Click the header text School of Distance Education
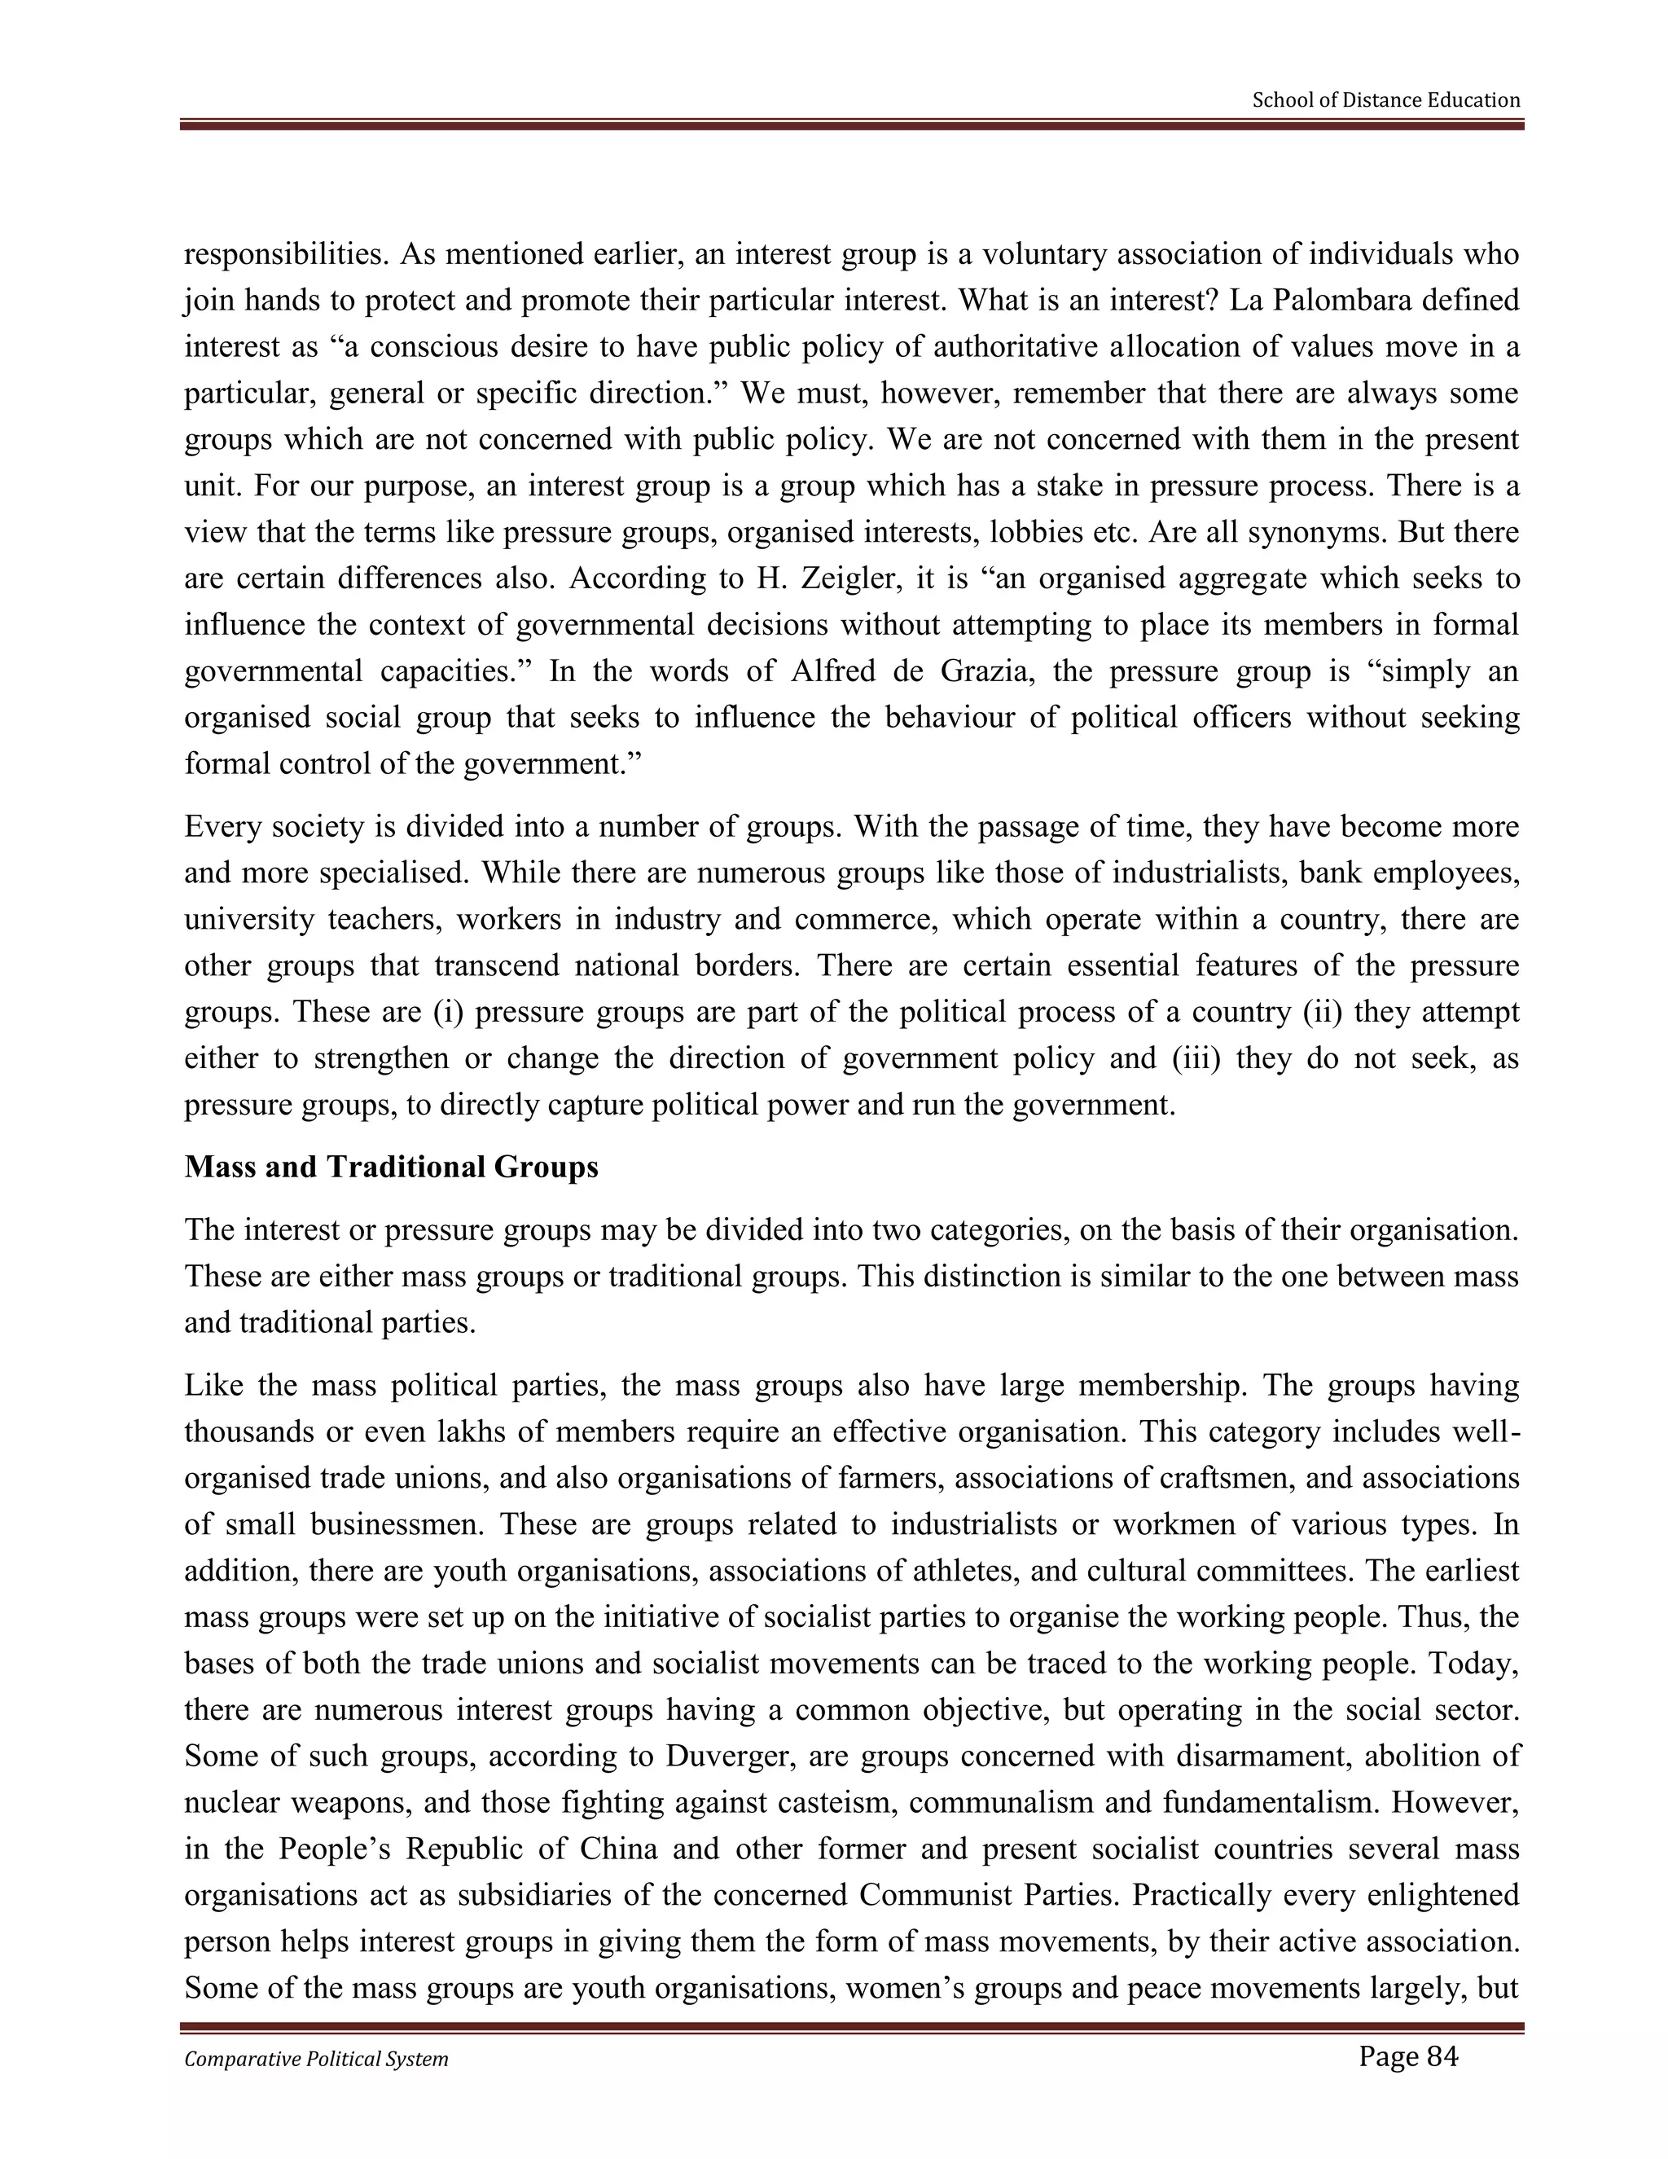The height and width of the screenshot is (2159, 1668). [x=1385, y=100]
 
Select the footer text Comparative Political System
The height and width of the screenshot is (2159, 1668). [x=316, y=2059]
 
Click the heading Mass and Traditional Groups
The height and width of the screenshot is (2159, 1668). [x=391, y=1167]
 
